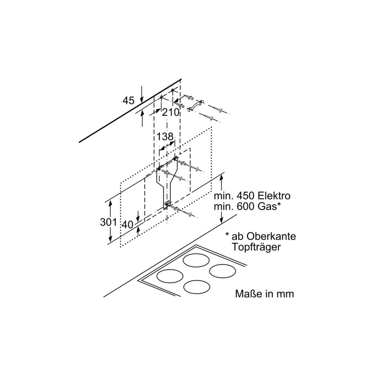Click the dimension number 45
129,100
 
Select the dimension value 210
171,112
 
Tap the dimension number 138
165,136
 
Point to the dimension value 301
109,222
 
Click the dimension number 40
127,225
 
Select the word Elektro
274,196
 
